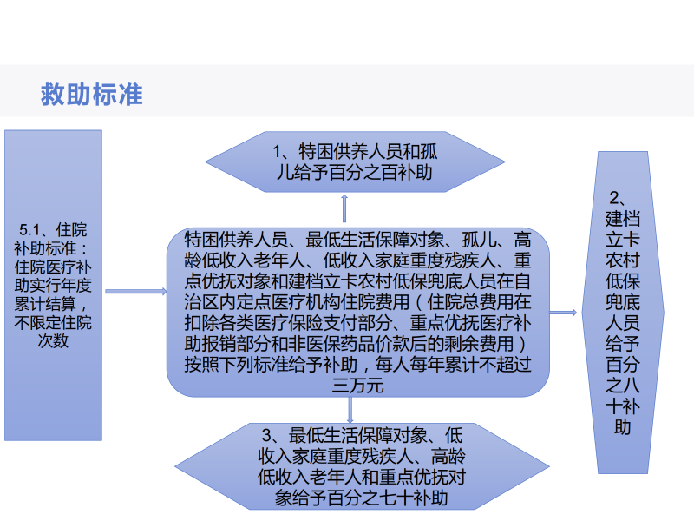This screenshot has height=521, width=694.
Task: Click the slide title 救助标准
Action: click(91, 94)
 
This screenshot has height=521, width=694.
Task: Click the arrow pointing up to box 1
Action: click(344, 209)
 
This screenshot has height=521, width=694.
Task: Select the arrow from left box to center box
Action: click(134, 291)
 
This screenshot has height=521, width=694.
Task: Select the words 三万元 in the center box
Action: click(357, 386)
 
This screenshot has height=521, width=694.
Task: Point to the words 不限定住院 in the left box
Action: click(55, 323)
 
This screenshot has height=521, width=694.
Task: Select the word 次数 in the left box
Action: click(54, 341)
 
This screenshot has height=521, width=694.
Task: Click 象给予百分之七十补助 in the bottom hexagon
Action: click(360, 498)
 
